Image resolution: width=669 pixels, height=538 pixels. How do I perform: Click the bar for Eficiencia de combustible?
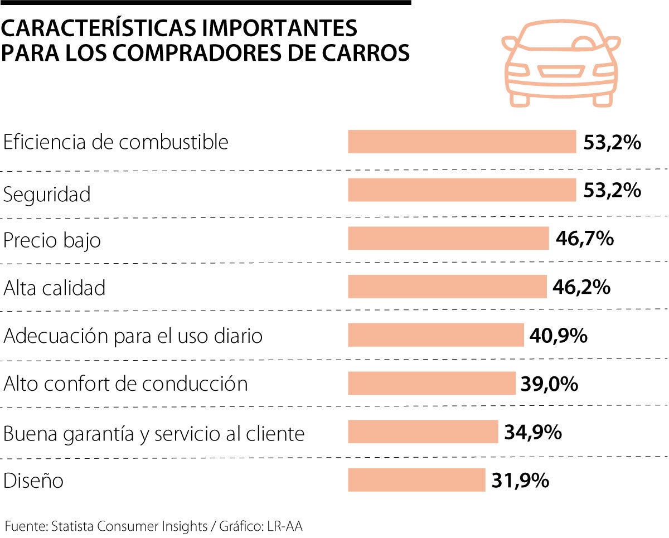pos(462,142)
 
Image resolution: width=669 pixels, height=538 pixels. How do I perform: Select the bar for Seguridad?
pos(462,190)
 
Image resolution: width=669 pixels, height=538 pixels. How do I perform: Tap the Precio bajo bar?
pos(448,238)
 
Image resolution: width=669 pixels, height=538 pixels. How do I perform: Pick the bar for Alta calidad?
pos(447,287)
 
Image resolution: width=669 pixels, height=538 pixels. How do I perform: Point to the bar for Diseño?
pos(416,480)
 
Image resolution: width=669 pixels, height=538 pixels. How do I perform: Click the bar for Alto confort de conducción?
pos(432,384)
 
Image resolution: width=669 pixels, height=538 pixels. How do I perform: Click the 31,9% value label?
pos(520,480)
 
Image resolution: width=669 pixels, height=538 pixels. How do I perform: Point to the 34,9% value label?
pos(532,432)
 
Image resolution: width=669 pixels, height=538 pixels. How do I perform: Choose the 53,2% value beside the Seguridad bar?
pos(612,190)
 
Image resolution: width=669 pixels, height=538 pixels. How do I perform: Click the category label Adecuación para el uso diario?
pos(133,336)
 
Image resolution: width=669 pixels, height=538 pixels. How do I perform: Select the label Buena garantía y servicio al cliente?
pos(154,433)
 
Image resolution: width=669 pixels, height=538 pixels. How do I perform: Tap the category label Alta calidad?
pos(54,288)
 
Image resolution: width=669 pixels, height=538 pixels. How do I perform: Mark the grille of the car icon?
pos(561,71)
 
